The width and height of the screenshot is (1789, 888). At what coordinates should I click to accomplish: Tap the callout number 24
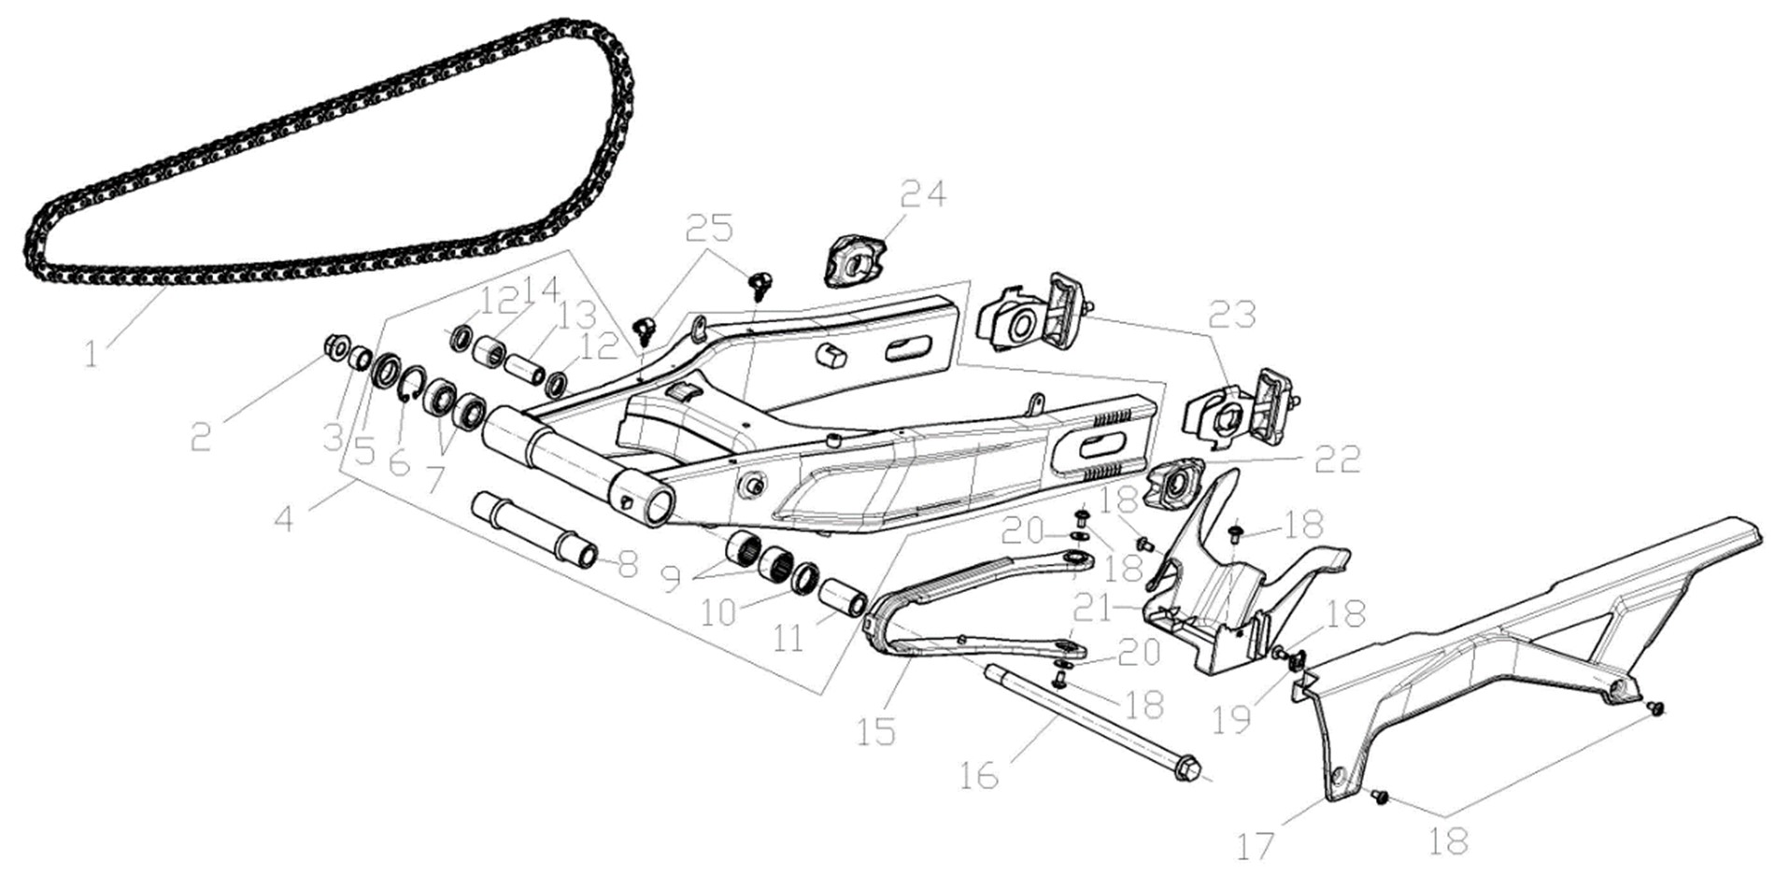pos(923,193)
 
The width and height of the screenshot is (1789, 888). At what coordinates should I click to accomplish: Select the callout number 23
pos(1232,315)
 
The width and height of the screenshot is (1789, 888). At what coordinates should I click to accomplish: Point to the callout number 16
pos(979,776)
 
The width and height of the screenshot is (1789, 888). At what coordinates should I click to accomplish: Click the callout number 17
pos(1256,847)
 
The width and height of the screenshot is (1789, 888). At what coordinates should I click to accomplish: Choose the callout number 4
pos(284,516)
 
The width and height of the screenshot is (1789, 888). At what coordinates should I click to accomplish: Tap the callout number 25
pos(709,227)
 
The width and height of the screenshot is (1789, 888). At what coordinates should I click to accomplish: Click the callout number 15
pos(876,731)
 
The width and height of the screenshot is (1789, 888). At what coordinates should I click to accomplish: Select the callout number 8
pos(627,564)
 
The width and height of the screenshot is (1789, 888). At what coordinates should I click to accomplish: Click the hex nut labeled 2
pos(335,348)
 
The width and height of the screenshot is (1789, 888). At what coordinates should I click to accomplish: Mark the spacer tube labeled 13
pos(525,361)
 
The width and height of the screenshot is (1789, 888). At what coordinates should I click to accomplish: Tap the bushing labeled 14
pos(489,352)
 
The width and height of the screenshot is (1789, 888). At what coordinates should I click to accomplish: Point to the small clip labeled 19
pos(1297,661)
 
